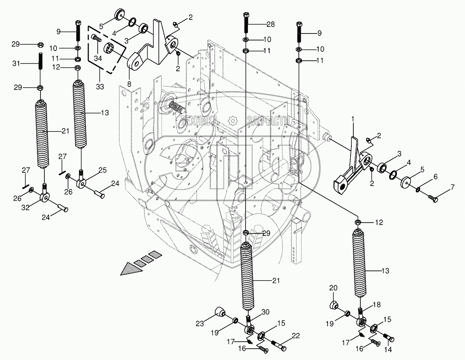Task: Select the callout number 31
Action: click(x=16, y=63)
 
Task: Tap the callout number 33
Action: click(x=100, y=86)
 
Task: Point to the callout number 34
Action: click(x=98, y=59)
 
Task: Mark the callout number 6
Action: click(x=435, y=176)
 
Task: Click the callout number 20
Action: click(x=333, y=288)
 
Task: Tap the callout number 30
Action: click(x=265, y=312)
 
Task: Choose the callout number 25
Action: click(x=102, y=170)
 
